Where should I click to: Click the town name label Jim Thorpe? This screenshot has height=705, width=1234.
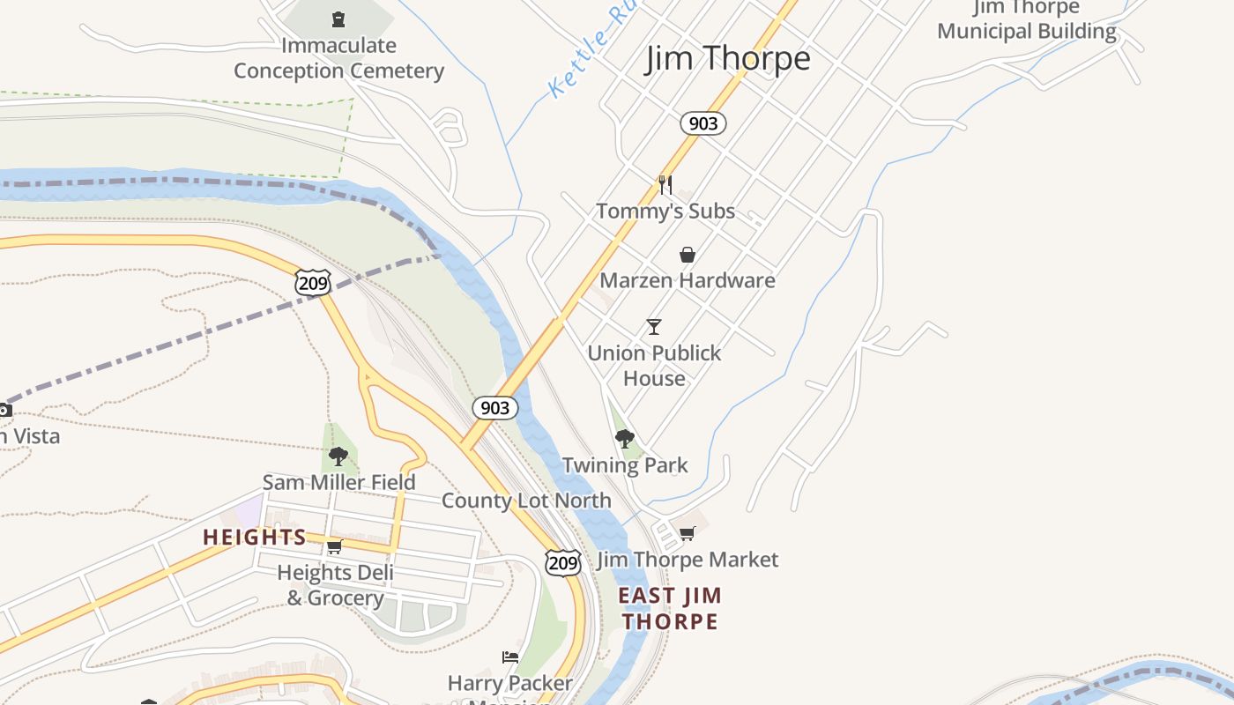point(728,59)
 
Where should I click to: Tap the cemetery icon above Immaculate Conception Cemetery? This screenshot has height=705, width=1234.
point(338,19)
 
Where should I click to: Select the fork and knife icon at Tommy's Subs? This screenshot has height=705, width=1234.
point(665,184)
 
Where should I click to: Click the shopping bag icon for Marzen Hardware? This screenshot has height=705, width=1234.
point(688,255)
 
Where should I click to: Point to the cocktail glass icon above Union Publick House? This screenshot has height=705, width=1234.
point(654,327)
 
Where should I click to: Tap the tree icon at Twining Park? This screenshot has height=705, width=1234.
point(625,438)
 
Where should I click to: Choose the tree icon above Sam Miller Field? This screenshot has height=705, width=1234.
point(338,456)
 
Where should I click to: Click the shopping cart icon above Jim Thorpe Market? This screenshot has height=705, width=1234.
point(688,533)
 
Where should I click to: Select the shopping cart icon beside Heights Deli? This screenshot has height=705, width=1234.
point(335,546)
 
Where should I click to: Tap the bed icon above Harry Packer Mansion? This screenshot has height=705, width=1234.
point(510,657)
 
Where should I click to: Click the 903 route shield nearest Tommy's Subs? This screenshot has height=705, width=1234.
point(702,123)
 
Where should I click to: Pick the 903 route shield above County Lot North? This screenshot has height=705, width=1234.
point(495,407)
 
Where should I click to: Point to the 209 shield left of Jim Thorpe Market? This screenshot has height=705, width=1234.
point(562,562)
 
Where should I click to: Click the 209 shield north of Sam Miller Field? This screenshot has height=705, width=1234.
point(313,282)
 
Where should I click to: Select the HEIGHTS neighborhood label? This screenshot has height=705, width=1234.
point(255,537)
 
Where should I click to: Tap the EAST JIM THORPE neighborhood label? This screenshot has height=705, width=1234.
point(670,608)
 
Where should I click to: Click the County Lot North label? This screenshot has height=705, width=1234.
point(526,501)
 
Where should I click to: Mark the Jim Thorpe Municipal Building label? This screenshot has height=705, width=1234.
point(1027,20)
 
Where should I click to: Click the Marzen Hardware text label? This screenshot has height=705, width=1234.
point(688,280)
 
